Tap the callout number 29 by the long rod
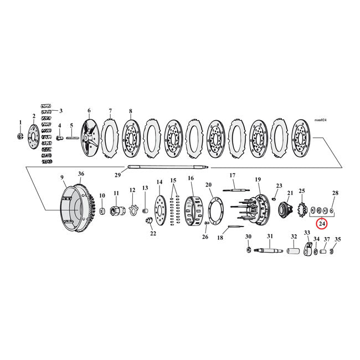(x=117, y=175)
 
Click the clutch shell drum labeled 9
(x=73, y=204)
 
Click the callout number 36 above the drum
(x=81, y=173)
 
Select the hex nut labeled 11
(x=117, y=211)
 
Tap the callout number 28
(x=335, y=193)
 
